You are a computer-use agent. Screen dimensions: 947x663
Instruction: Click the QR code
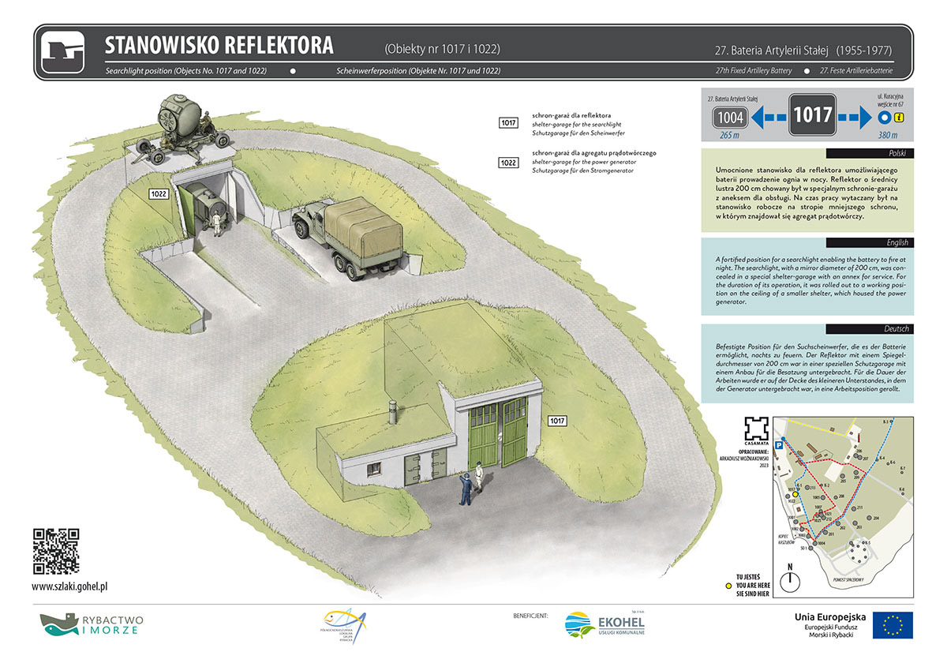point(56,551)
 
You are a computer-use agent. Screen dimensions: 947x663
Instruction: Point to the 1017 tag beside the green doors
point(558,420)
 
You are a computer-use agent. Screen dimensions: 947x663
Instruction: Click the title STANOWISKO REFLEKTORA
point(219,45)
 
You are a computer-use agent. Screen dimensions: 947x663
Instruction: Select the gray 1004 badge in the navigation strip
point(730,118)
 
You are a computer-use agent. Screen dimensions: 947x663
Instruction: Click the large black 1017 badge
point(813,115)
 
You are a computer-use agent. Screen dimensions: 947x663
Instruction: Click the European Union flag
point(893,625)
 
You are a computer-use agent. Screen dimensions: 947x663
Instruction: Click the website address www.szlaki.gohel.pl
point(69,586)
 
